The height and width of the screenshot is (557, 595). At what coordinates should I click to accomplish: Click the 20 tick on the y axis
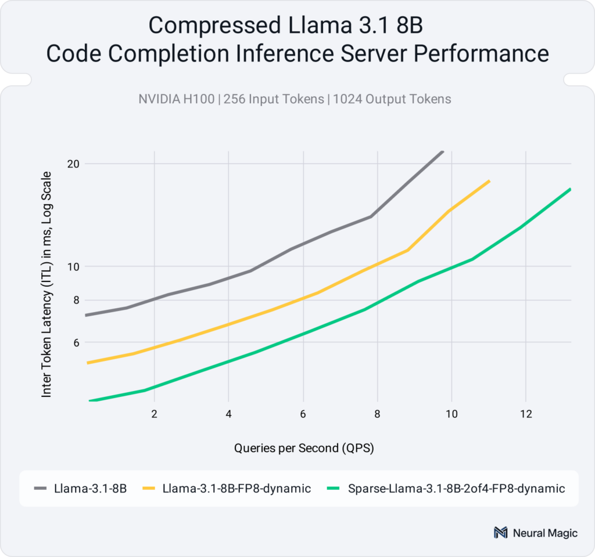(73, 164)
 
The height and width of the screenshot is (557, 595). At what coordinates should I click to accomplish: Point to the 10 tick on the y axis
(73, 267)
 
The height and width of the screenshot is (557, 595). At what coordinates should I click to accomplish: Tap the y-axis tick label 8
(76, 301)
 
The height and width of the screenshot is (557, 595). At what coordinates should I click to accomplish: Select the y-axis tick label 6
(76, 342)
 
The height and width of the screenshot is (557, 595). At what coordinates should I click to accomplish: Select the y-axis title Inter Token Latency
(47, 284)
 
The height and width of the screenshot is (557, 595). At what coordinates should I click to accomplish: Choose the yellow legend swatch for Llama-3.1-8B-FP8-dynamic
(149, 489)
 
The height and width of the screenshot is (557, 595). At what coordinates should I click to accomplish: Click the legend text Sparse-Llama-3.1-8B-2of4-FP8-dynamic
(456, 489)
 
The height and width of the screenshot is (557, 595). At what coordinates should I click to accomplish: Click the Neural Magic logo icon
(500, 533)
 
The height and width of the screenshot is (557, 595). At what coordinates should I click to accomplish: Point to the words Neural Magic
(545, 533)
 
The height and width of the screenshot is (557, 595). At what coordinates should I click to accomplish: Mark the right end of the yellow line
(489, 181)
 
